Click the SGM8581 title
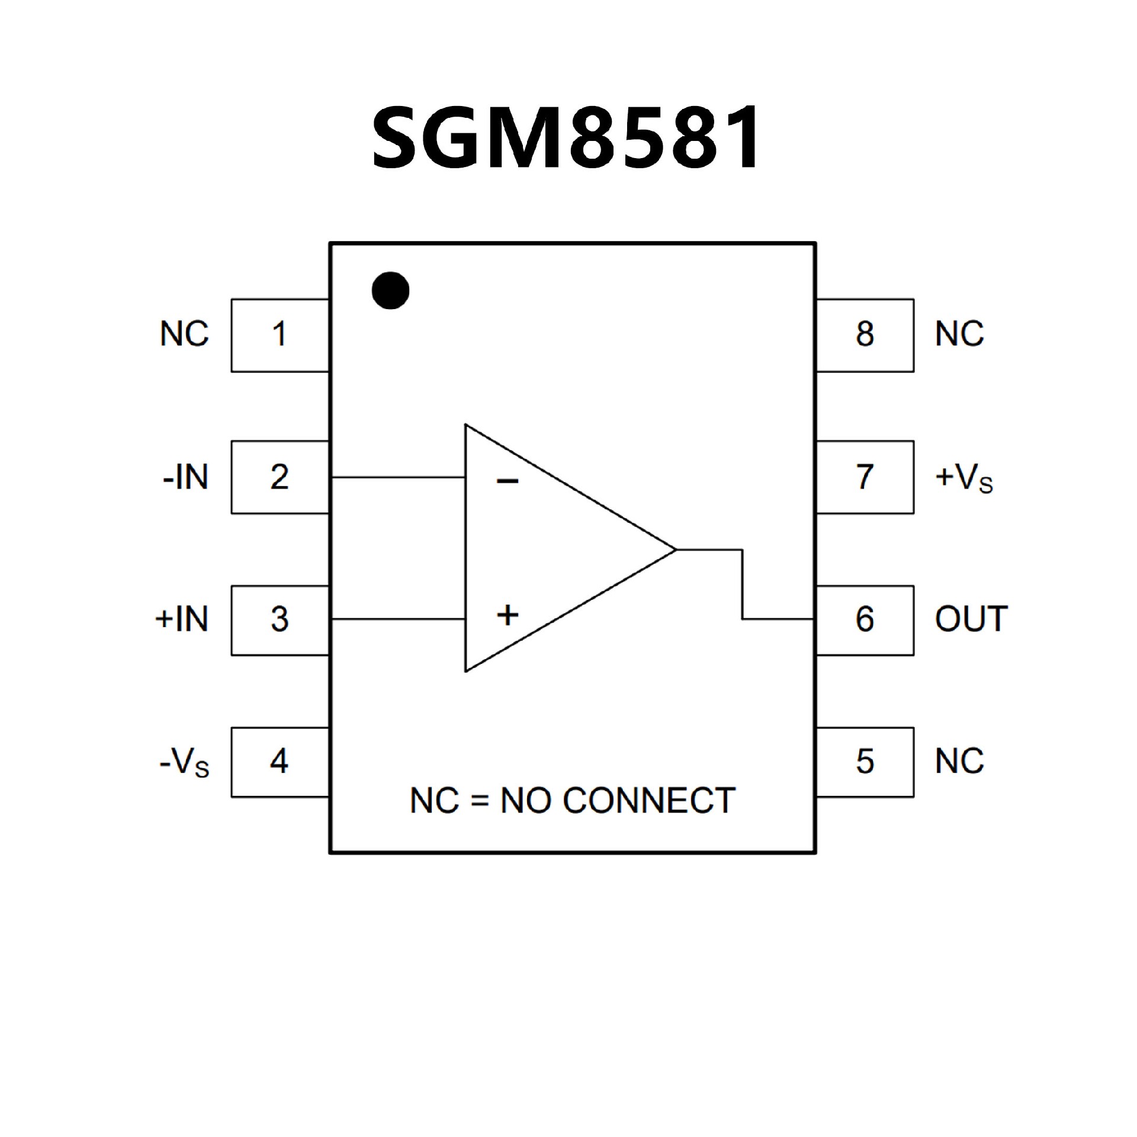coord(566,137)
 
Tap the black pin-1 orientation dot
coord(390,290)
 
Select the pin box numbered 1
coord(280,335)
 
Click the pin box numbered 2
coord(280,477)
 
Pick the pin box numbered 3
coord(280,620)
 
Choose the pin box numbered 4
coord(280,762)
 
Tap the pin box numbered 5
coord(865,762)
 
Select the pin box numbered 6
coord(865,620)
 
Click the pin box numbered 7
coord(865,477)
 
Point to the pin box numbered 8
coord(865,335)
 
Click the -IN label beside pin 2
coord(185,477)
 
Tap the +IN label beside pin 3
coord(182,619)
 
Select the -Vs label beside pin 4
coord(184,763)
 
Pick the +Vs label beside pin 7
coord(963,478)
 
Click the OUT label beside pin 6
coord(971,619)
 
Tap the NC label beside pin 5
coord(959,762)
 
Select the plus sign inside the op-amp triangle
coord(508,615)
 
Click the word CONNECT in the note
coord(648,801)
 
